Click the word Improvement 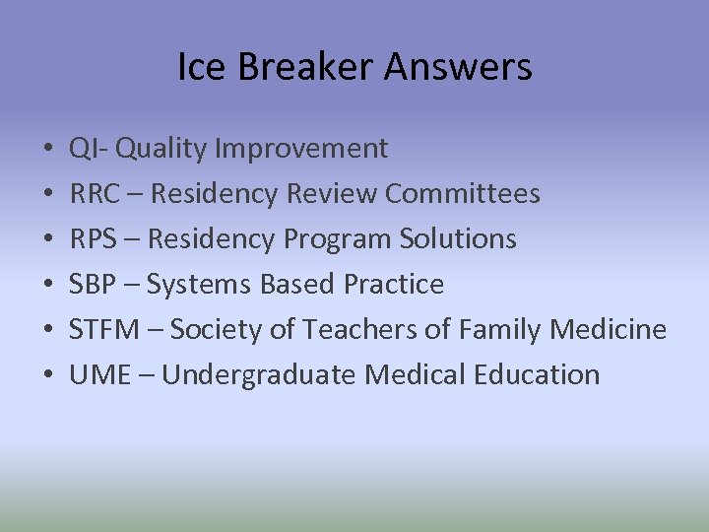[301, 149]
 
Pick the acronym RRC [95, 194]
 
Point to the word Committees [463, 194]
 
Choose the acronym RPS [93, 239]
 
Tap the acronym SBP [92, 285]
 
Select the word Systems [200, 285]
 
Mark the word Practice [394, 285]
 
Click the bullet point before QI [47, 150]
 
